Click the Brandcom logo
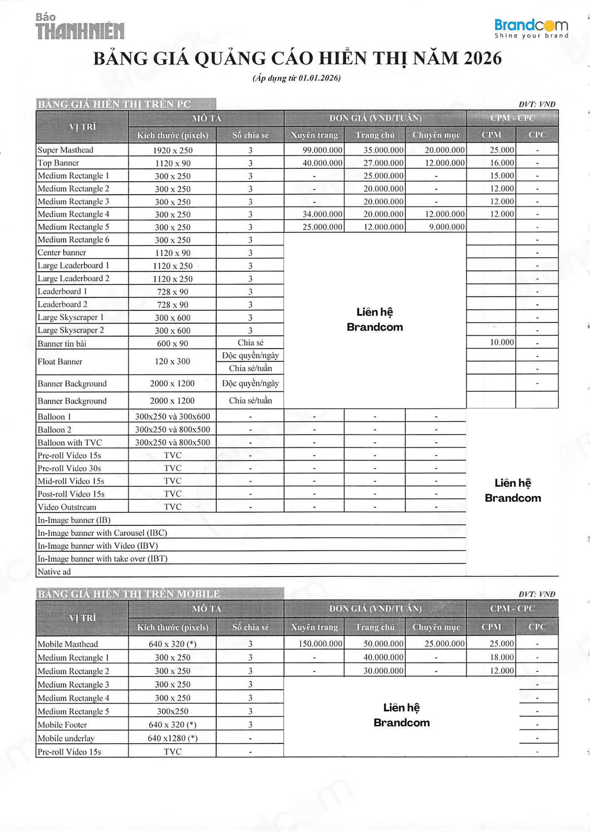(x=531, y=28)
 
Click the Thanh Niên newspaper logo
(x=80, y=27)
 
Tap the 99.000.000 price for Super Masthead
(x=322, y=150)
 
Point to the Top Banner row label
(x=58, y=163)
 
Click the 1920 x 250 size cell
(x=173, y=151)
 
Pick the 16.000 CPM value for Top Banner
(x=502, y=163)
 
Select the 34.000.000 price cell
(x=322, y=214)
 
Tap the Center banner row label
(x=62, y=253)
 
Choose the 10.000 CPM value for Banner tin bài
(x=502, y=342)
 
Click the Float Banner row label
(x=60, y=362)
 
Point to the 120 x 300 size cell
(x=173, y=362)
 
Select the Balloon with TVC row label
(x=69, y=443)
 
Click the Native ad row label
(x=54, y=572)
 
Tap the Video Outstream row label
(x=67, y=507)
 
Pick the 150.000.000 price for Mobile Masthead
(x=320, y=644)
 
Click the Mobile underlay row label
(x=66, y=738)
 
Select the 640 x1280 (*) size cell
(x=173, y=738)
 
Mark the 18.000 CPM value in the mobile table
(x=502, y=657)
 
